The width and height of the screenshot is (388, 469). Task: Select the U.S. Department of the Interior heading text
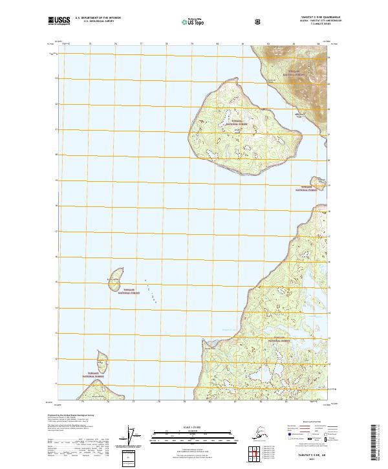[98, 18]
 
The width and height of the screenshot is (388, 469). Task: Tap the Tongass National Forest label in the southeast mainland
[280, 339]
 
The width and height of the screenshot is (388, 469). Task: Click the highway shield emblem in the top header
[259, 21]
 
